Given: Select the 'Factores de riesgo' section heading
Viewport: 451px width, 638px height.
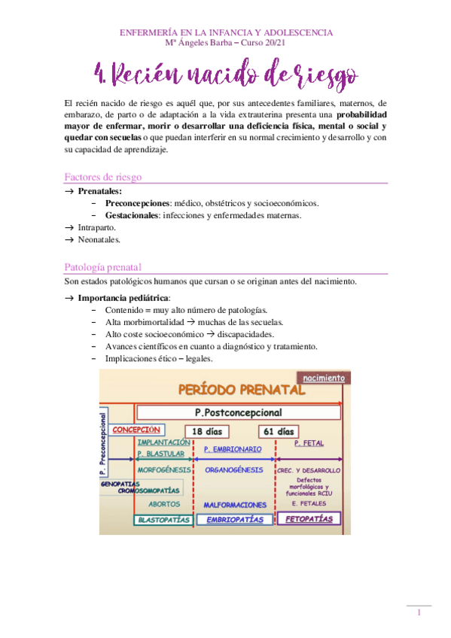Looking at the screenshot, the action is click(104, 178).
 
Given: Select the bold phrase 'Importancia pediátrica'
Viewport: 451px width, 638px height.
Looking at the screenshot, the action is click(123, 297).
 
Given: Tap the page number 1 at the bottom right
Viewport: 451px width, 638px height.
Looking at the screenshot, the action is click(419, 613).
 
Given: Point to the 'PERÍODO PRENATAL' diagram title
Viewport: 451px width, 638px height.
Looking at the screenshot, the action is click(241, 390).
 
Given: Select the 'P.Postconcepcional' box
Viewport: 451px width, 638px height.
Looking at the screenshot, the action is click(237, 412).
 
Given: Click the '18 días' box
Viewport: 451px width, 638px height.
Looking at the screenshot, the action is click(206, 431).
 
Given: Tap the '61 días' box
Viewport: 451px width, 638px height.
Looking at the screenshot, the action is click(277, 431).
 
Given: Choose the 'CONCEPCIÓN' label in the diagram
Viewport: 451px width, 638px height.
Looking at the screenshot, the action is click(138, 430).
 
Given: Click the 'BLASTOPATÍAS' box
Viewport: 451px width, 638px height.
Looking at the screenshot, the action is click(163, 519).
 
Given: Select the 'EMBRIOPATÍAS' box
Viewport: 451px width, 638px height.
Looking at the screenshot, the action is click(234, 519).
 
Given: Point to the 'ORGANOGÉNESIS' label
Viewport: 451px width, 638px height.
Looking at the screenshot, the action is click(233, 469).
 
